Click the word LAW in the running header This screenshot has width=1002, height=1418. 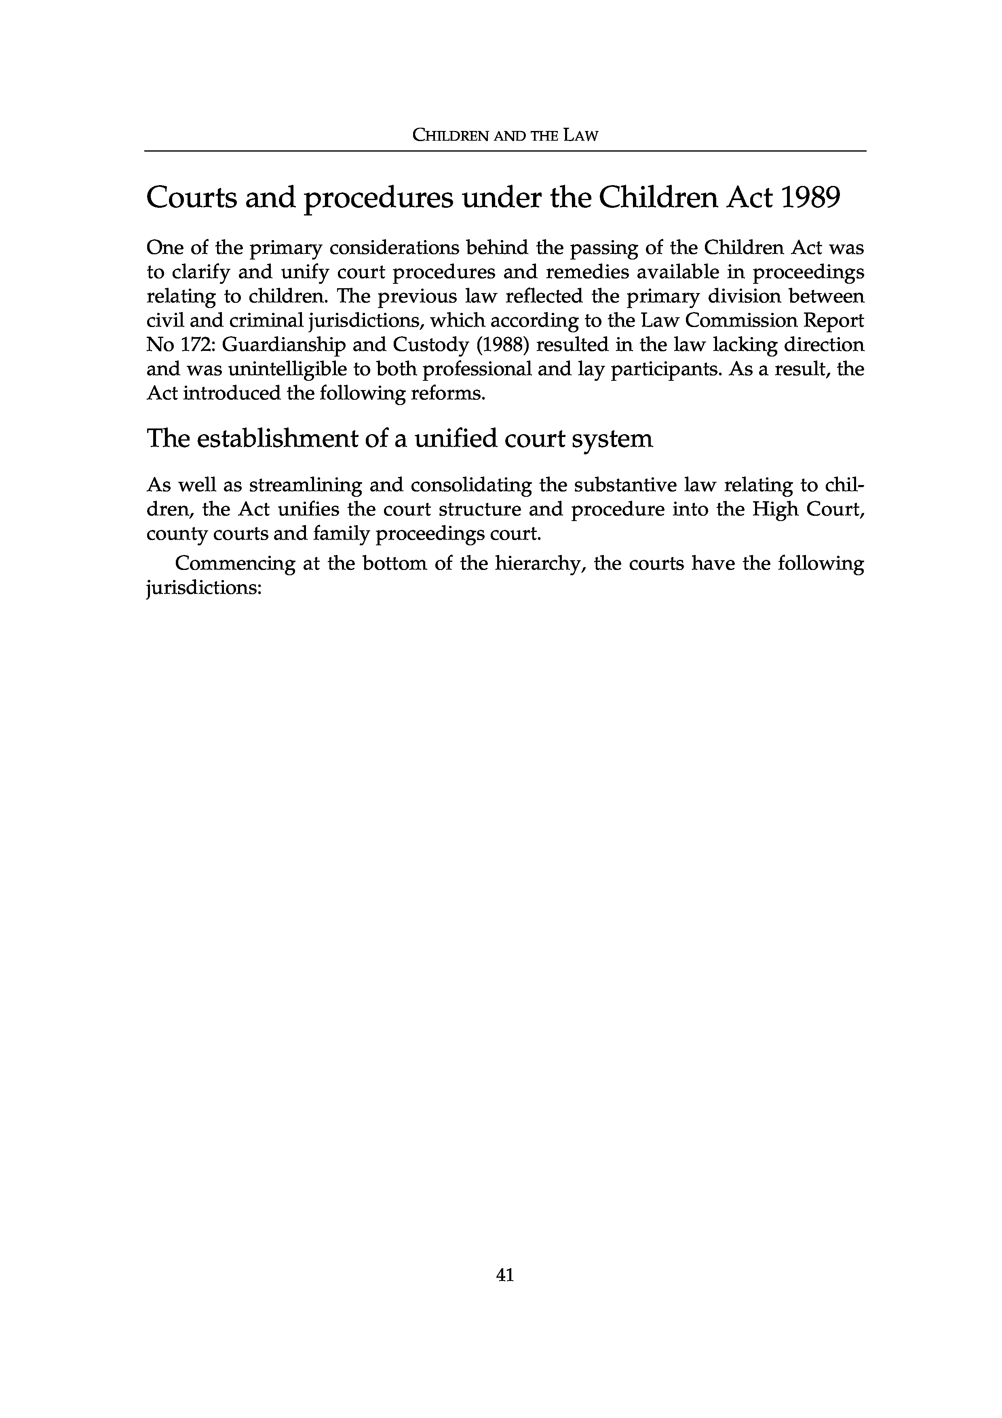[x=581, y=136]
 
